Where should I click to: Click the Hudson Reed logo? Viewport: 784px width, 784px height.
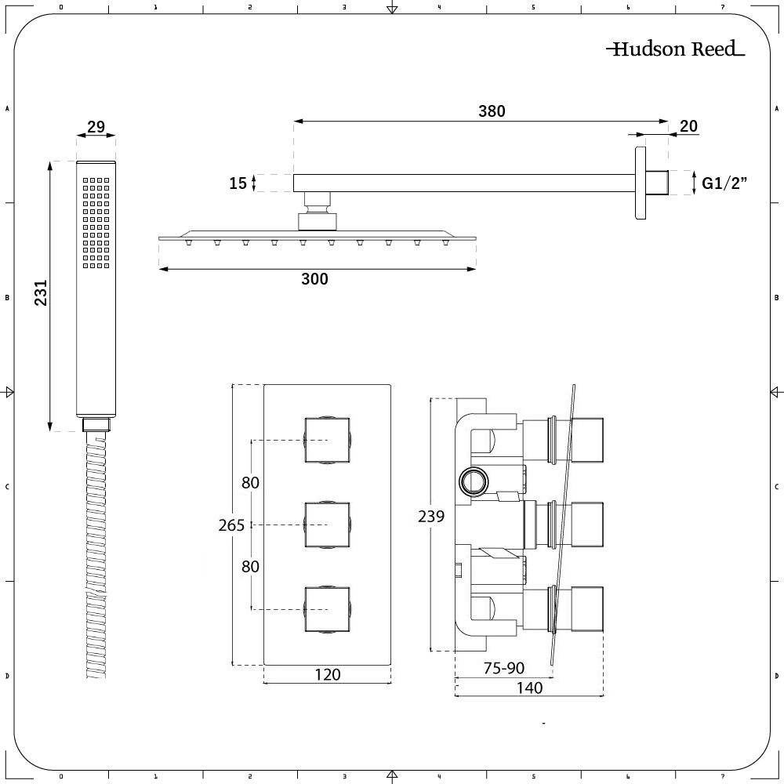coord(675,49)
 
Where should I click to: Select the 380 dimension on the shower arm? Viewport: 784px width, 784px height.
coord(492,111)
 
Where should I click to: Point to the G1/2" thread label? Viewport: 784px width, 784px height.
coord(724,183)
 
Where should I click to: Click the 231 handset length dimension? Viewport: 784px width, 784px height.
coord(41,293)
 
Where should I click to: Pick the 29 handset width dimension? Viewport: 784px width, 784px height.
coord(96,127)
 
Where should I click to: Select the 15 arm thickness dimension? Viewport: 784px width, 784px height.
coord(238,183)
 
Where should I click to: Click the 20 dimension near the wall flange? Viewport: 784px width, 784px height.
coord(688,126)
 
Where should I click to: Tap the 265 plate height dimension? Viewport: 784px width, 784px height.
coord(231,525)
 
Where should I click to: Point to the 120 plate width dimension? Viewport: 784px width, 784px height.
coord(327,674)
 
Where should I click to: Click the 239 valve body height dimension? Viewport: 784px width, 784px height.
coord(431,516)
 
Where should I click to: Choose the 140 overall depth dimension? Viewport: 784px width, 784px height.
coord(530,688)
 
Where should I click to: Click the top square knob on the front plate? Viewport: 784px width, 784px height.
coord(327,441)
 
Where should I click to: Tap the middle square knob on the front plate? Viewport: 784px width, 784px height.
coord(327,524)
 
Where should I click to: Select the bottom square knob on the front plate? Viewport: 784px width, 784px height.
coord(327,608)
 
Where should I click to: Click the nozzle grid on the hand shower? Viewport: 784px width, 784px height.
coord(96,223)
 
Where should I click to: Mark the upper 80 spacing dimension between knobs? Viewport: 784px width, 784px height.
coord(250,483)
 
